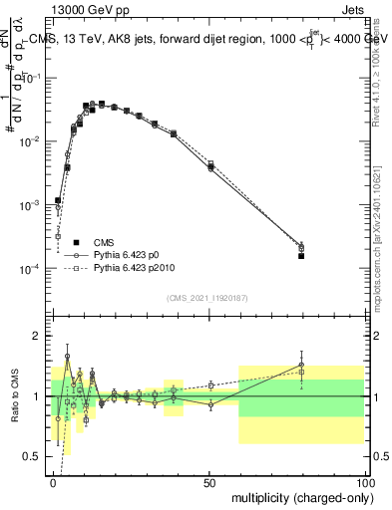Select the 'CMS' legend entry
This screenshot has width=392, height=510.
104,242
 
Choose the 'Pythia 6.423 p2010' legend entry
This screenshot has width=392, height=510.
138,268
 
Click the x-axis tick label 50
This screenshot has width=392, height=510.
209,483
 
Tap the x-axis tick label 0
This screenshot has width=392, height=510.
53,483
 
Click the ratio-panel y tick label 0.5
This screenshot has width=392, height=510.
33,457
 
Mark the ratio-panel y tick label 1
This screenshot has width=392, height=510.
37,396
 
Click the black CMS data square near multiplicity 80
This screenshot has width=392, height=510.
301,256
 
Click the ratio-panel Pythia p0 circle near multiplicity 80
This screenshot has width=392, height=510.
301,365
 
